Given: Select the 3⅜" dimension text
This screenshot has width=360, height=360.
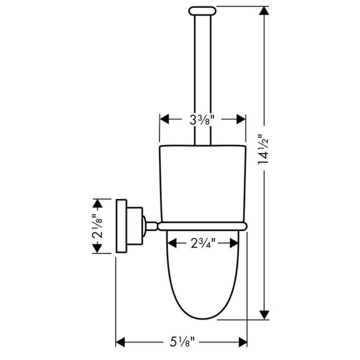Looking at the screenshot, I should click(202, 119).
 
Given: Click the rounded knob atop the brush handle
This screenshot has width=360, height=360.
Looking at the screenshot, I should click(202, 11).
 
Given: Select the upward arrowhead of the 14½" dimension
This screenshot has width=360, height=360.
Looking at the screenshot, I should click(263, 11).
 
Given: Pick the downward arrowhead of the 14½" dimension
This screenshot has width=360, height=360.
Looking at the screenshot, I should click(263, 315).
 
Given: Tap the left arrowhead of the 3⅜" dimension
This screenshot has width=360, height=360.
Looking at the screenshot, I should click(164, 119).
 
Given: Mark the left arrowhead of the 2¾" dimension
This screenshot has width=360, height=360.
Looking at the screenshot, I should click(172, 242).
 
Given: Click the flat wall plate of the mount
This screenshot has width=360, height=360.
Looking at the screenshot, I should click(120, 226).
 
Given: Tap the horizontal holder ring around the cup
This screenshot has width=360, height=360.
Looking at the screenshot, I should click(202, 226).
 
